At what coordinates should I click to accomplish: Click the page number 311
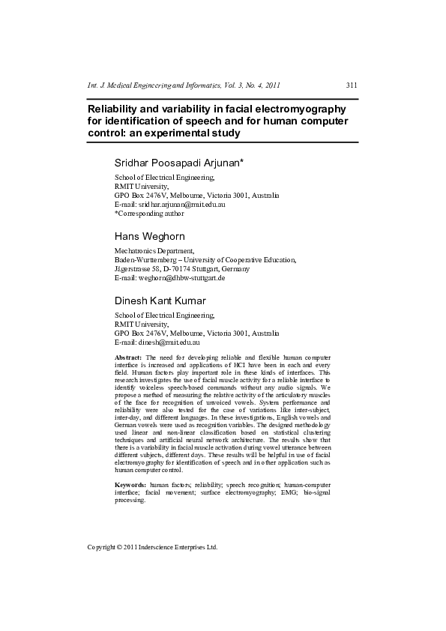pos(352,85)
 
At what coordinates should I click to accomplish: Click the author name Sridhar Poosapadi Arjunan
pos(173,163)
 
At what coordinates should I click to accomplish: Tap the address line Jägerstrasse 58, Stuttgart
pos(181,268)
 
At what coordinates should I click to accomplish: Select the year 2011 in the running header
pos(273,85)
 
